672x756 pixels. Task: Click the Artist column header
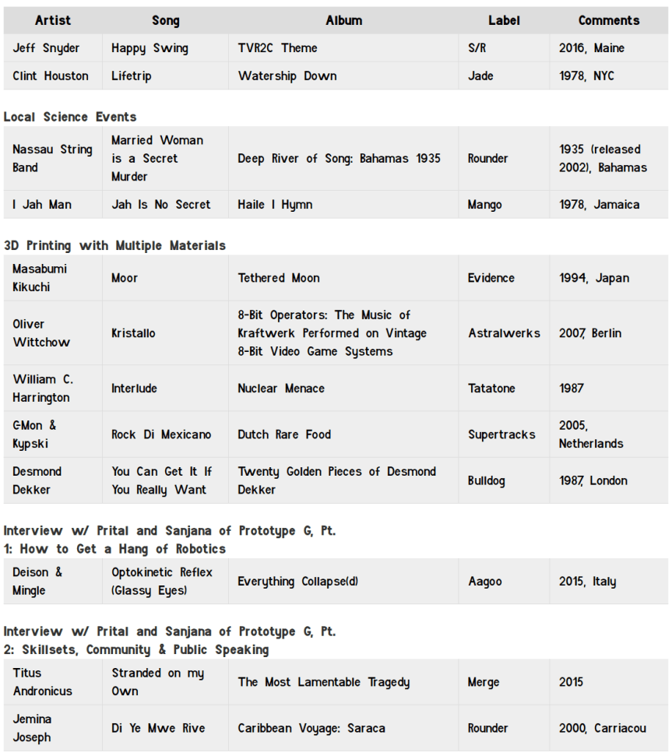point(52,20)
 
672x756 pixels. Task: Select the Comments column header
point(608,20)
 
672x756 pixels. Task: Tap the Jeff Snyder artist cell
point(46,48)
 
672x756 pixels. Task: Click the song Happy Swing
point(150,48)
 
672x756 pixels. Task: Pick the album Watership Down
point(287,76)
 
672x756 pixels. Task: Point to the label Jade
point(480,76)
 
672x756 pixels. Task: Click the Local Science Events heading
point(70,117)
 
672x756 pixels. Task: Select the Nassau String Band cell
point(52,158)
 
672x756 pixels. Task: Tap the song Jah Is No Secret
point(160,205)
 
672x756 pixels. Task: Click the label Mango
point(484,205)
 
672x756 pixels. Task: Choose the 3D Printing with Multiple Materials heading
point(114,245)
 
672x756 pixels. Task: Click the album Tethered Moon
point(279,278)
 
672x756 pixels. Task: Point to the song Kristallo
point(133,333)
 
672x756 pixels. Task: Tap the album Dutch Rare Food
point(284,434)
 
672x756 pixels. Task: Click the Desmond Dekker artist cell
point(37,480)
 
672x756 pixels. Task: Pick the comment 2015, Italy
point(587,582)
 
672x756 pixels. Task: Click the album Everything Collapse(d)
point(297,582)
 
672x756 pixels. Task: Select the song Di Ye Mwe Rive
point(158,729)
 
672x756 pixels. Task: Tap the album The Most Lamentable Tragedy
point(323,682)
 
